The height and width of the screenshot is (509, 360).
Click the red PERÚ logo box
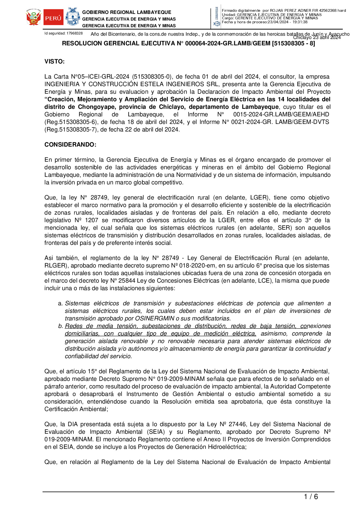[54, 18]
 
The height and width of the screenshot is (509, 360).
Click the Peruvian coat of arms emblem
[34, 18]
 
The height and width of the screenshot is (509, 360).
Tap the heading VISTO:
[54, 62]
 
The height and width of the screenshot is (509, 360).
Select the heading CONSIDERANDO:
[70, 145]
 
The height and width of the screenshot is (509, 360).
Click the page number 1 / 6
[311, 497]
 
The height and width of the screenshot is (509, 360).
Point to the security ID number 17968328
[75, 33]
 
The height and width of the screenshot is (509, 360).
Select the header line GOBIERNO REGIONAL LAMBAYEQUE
[127, 12]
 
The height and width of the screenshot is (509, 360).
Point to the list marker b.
[60, 326]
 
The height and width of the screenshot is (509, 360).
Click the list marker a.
[60, 303]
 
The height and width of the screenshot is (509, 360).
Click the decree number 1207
[92, 220]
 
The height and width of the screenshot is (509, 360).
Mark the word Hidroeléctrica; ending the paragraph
[227, 447]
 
